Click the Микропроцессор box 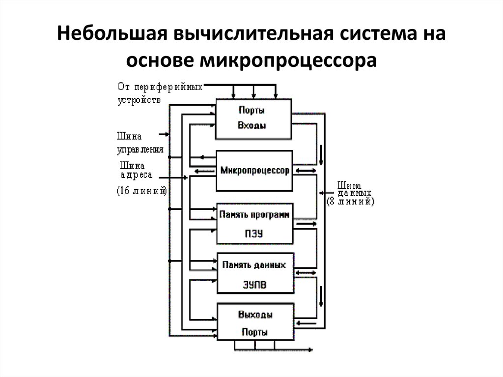click(255, 171)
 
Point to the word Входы click(252, 125)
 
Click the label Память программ click(254, 215)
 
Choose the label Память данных click(253, 265)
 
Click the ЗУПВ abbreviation click(254, 285)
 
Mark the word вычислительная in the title click(247, 36)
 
